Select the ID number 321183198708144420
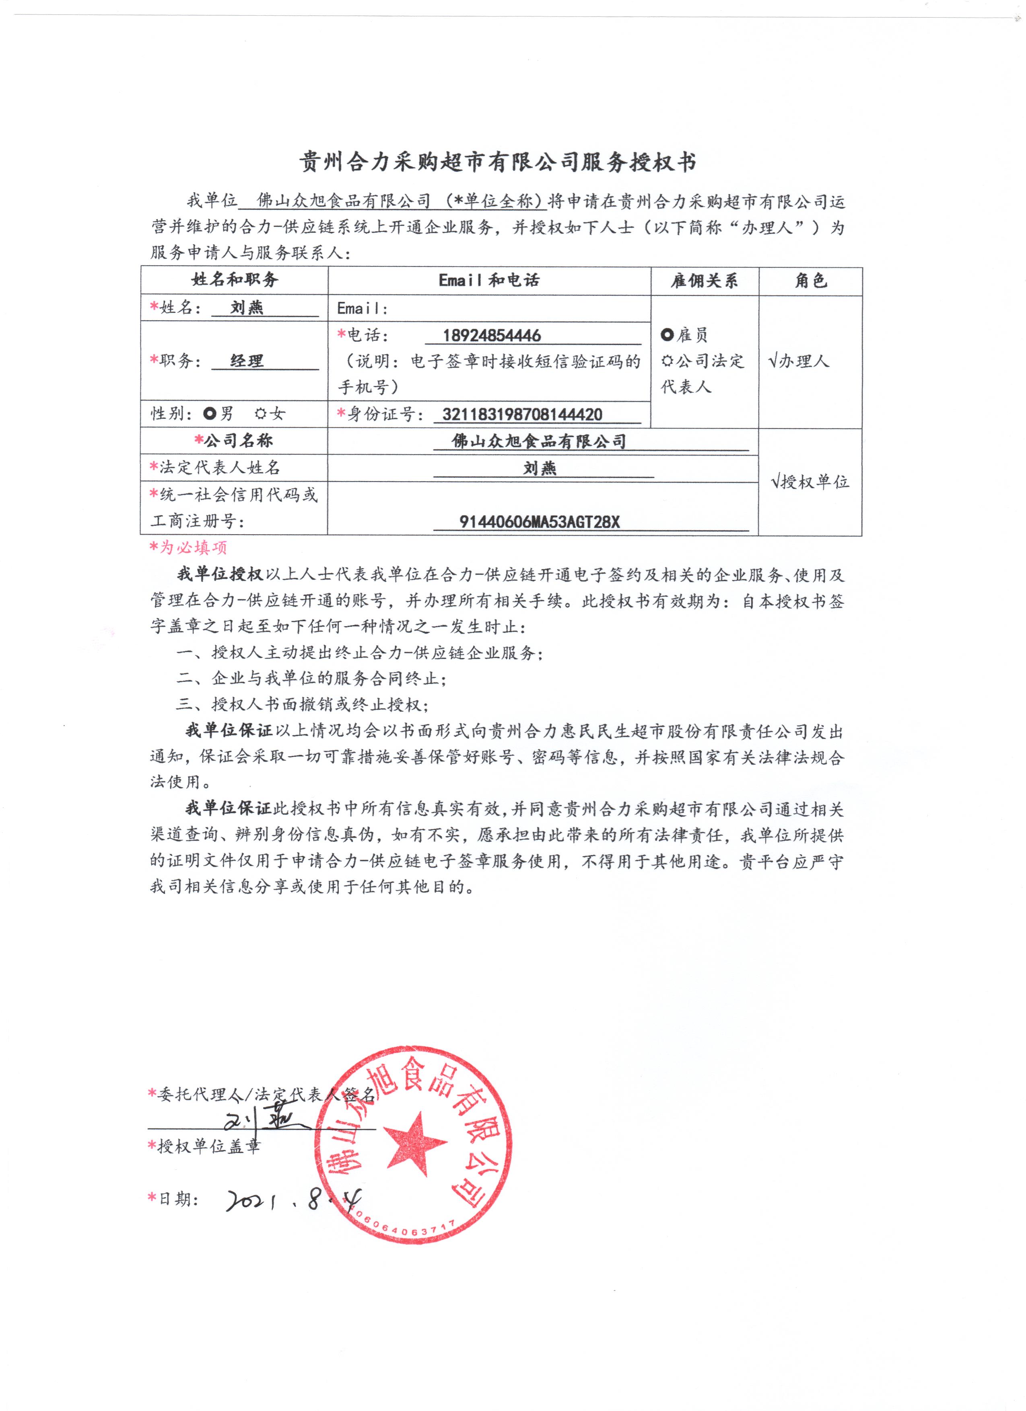[x=522, y=414]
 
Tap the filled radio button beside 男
[x=210, y=414]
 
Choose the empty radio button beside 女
[x=261, y=414]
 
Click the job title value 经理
[x=247, y=361]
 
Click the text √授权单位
[x=810, y=481]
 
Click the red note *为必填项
[x=188, y=548]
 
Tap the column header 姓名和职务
[x=234, y=280]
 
